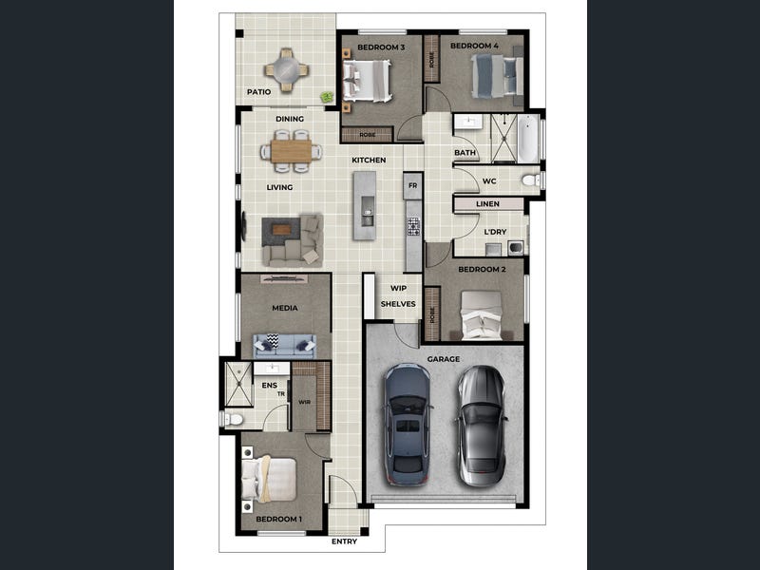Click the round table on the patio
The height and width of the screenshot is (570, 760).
coord(287,70)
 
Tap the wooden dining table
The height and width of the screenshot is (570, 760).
coord(291,151)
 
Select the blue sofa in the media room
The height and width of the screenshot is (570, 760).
coord(285,346)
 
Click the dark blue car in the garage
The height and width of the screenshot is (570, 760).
coord(408,424)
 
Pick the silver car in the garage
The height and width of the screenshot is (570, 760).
coord(482,426)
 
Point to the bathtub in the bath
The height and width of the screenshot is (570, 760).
coord(528,139)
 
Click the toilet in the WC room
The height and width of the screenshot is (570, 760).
coord(531,180)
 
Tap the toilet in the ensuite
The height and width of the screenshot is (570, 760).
coord(233,419)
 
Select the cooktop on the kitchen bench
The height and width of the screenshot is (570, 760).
coord(413,226)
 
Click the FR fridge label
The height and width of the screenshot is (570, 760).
coord(412,185)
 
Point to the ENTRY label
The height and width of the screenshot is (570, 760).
coord(344,541)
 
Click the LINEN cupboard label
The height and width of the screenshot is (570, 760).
coord(487,204)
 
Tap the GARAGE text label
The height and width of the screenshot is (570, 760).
coord(444,359)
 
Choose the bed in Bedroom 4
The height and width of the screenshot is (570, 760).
coord(497,76)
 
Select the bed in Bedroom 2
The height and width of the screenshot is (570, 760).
coord(481,315)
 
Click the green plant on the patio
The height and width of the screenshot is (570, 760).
coord(328,97)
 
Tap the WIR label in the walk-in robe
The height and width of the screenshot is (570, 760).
coord(304,402)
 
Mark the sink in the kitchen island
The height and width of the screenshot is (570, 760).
coord(368,211)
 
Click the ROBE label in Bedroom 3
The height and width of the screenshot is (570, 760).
coord(368,135)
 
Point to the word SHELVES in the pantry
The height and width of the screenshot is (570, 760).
coord(398,304)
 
